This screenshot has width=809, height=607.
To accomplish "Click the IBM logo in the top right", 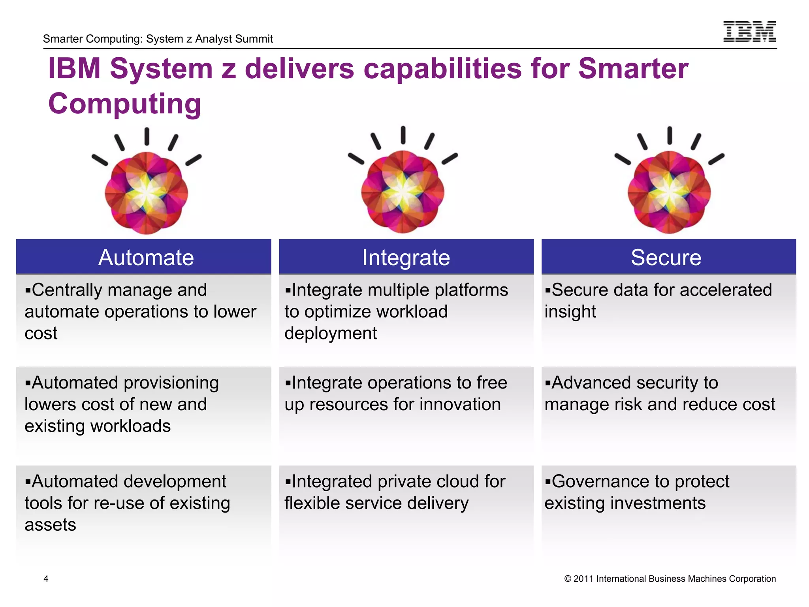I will pyautogui.click(x=749, y=32).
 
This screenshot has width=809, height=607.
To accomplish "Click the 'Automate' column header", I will pyautogui.click(x=146, y=257).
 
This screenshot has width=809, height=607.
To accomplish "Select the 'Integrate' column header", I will pyautogui.click(x=406, y=257).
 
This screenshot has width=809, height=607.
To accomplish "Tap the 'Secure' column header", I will pyautogui.click(x=666, y=257).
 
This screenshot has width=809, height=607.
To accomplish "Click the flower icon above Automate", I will pyautogui.click(x=147, y=192).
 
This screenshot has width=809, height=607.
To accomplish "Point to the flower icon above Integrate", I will pyautogui.click(x=403, y=191).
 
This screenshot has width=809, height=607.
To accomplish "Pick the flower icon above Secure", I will pyautogui.click(x=669, y=192).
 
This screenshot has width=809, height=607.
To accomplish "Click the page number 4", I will pyautogui.click(x=46, y=579).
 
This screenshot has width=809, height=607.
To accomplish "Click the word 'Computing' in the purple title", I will pyautogui.click(x=125, y=104).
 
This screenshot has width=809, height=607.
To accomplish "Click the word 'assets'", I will pyautogui.click(x=50, y=525).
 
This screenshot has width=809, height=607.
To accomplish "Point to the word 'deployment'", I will pyautogui.click(x=331, y=334).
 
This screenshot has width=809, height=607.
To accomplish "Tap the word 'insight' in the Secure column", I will pyautogui.click(x=570, y=312).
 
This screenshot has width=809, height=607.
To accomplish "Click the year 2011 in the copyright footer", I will pyautogui.click(x=583, y=579).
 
